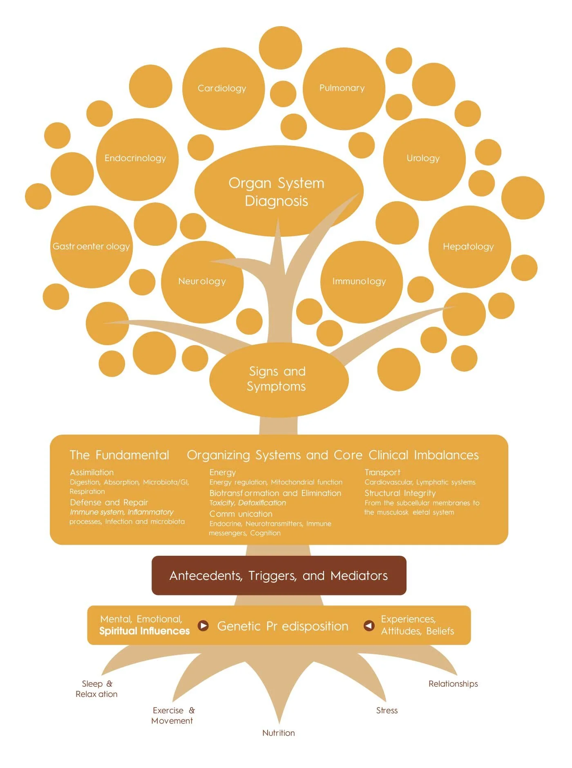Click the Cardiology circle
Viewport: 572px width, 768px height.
[223, 88]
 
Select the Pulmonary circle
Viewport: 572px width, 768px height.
[343, 88]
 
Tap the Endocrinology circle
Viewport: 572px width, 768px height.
[136, 159]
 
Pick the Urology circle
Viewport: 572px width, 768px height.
[424, 159]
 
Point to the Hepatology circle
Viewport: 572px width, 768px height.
[469, 247]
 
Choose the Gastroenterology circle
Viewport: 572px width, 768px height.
[91, 247]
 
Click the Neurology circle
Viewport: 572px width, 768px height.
[202, 282]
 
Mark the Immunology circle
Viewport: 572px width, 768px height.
[360, 282]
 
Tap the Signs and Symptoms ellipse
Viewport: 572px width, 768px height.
[278, 379]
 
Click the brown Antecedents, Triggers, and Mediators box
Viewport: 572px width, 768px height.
[279, 575]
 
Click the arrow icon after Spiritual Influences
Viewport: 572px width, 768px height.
[203, 626]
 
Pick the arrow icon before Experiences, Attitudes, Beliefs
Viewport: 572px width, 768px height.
[369, 625]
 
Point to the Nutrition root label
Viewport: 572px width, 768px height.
[279, 733]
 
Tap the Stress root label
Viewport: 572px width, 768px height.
[387, 710]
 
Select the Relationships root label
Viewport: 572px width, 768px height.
[453, 684]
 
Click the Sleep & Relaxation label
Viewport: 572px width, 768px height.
[97, 689]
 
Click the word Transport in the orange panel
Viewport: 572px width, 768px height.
[382, 472]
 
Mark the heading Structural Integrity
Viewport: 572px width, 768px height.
[400, 493]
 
